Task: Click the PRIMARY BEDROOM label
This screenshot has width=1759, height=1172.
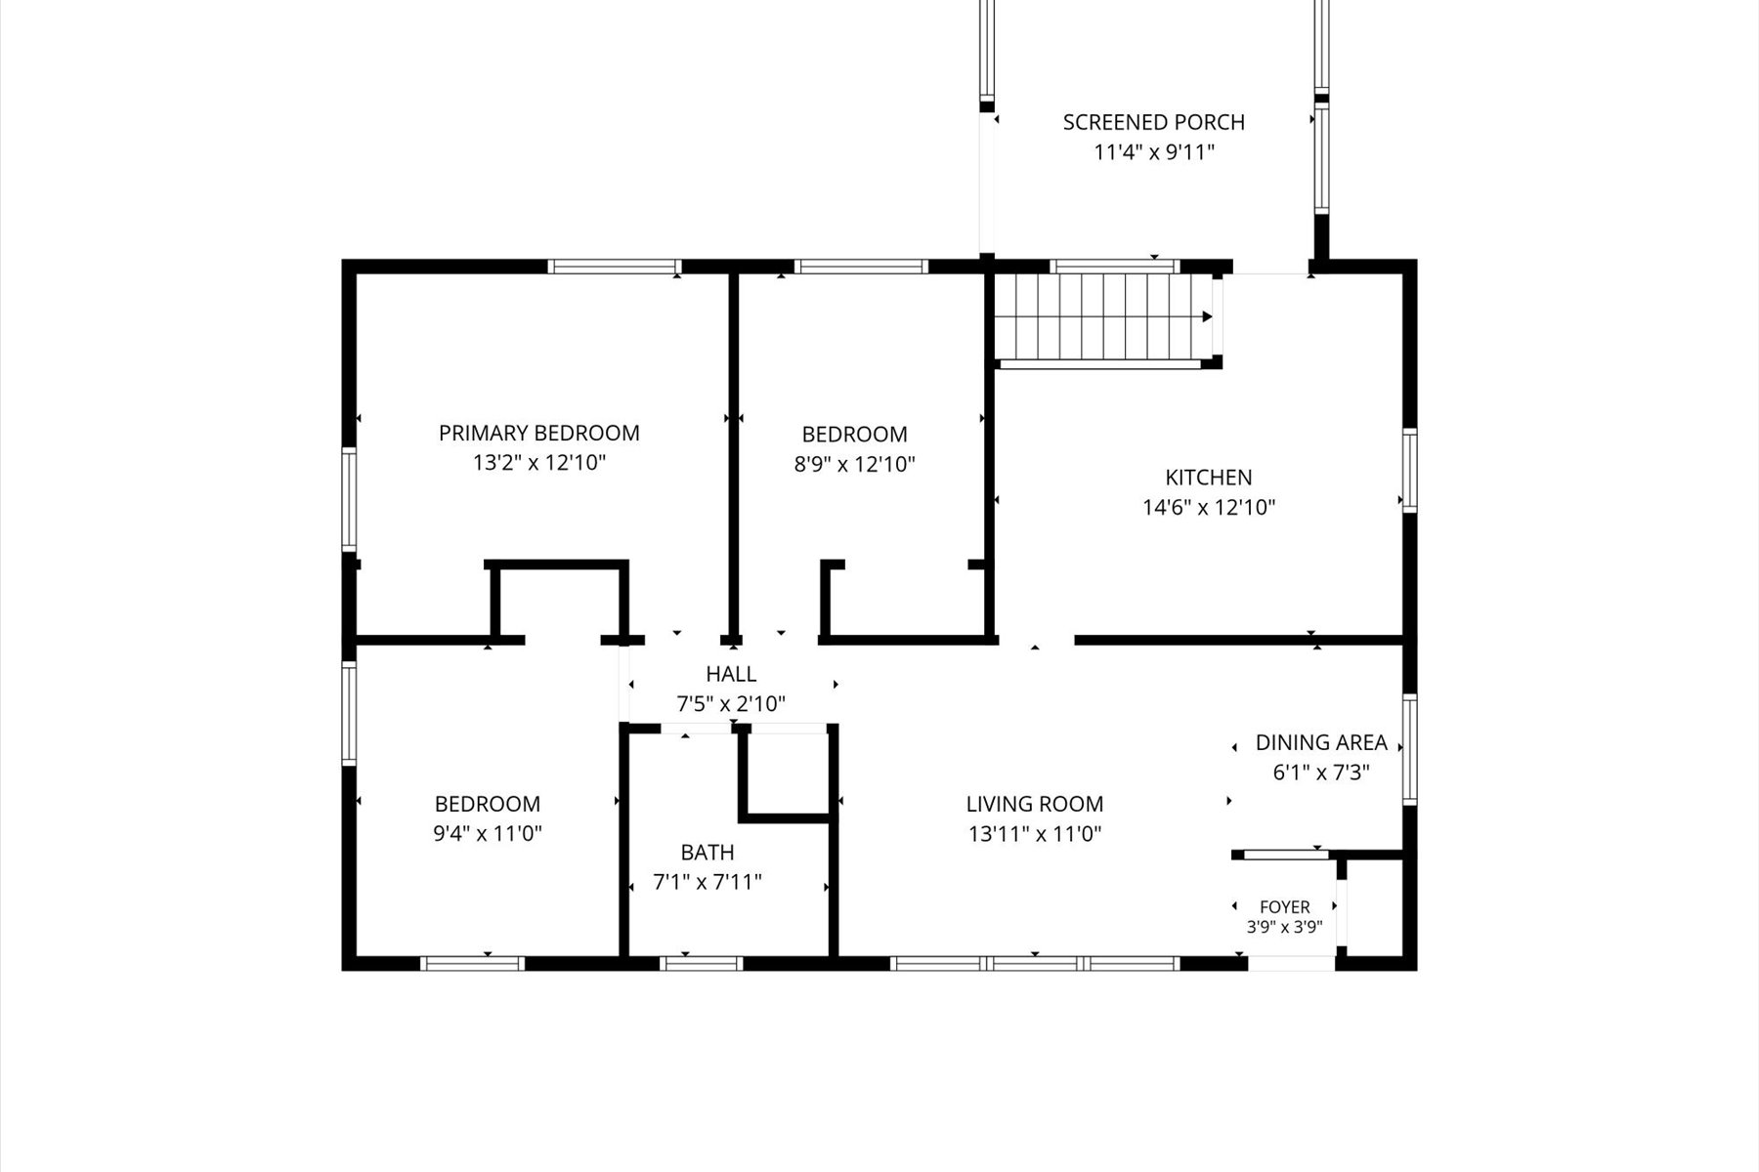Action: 539,433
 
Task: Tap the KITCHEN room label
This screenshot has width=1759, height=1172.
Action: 1209,478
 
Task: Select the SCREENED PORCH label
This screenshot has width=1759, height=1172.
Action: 1154,122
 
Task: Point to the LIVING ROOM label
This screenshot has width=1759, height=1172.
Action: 1035,804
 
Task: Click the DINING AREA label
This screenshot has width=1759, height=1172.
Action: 1321,742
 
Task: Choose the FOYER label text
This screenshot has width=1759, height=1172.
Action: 1285,907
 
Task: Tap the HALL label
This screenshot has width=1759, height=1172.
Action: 731,674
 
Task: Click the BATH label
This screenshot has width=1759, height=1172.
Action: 708,853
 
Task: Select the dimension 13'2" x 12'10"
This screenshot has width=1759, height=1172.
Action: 539,463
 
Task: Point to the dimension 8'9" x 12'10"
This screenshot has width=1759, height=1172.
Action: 854,464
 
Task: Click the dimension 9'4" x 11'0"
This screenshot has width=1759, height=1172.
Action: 488,834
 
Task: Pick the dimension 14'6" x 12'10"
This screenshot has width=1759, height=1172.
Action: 1209,508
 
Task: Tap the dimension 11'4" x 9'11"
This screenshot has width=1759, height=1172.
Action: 1154,152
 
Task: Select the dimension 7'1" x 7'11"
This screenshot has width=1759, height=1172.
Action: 708,883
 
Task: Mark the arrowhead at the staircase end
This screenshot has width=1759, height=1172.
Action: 1208,316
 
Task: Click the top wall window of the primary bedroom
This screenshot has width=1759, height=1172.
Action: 614,266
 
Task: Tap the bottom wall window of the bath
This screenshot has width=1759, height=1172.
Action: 702,964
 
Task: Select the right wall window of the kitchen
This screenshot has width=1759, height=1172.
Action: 1410,471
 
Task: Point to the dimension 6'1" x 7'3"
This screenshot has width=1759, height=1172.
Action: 1321,773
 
